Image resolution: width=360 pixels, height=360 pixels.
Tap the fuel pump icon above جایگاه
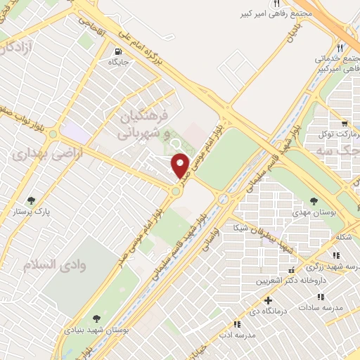pos(117,51)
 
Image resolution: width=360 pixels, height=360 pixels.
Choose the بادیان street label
pos(289,32)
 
